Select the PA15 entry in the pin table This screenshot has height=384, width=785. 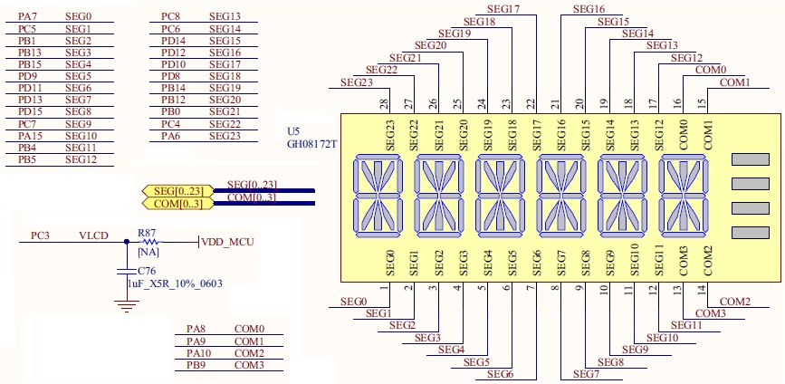pyautogui.click(x=29, y=136)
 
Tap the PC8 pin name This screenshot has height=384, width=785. pyautogui.click(x=170, y=16)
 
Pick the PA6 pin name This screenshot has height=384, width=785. pyautogui.click(x=170, y=136)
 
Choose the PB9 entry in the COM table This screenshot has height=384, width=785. pyautogui.click(x=196, y=365)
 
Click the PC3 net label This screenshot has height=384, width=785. pyautogui.click(x=40, y=235)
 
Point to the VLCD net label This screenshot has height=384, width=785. pyautogui.click(x=93, y=235)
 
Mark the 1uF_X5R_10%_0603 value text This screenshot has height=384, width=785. pyautogui.click(x=175, y=283)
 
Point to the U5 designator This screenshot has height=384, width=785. pyautogui.click(x=292, y=130)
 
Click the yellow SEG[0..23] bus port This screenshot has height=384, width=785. pyautogui.click(x=178, y=191)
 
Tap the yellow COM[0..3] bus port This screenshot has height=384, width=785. pyautogui.click(x=178, y=204)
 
